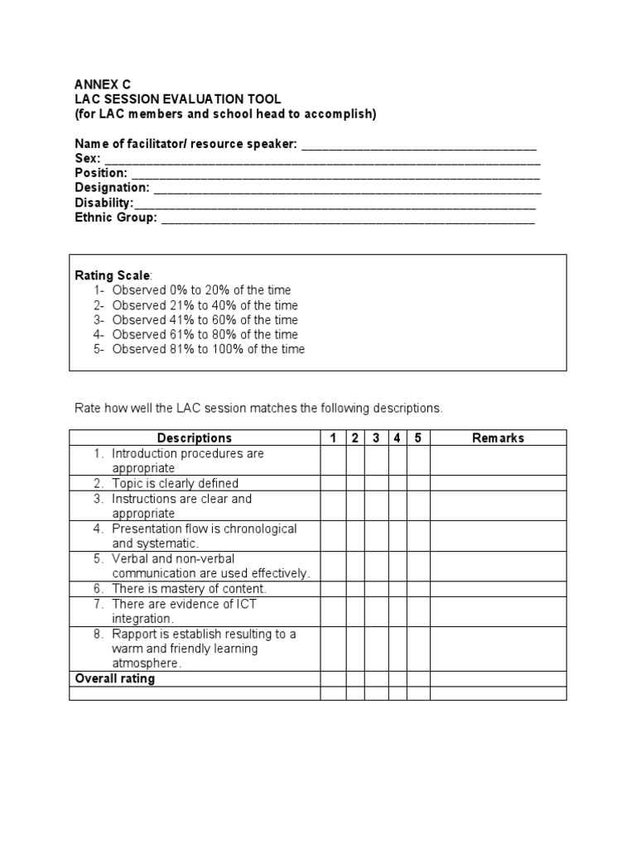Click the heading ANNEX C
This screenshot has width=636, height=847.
[x=103, y=84]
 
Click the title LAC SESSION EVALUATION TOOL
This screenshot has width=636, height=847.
[x=178, y=99]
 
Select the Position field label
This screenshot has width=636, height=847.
[x=101, y=174]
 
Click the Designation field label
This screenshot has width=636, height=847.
[x=112, y=189]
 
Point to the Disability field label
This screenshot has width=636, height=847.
[x=104, y=203]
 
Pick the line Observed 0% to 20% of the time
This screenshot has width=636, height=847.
[x=201, y=290]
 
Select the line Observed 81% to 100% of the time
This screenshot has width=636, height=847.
[x=208, y=349]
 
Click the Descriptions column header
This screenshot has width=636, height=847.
[x=195, y=438]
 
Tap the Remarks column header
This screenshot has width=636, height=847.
[x=498, y=438]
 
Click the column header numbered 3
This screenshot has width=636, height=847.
[x=376, y=438]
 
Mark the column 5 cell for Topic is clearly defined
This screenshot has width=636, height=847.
[x=418, y=483]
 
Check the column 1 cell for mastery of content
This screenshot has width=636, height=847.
[x=333, y=589]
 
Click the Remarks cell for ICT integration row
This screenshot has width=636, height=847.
[x=498, y=611]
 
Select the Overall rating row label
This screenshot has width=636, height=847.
[x=115, y=679]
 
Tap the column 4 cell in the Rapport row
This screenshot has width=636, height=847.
[x=397, y=648]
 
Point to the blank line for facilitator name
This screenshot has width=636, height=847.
[x=419, y=145]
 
